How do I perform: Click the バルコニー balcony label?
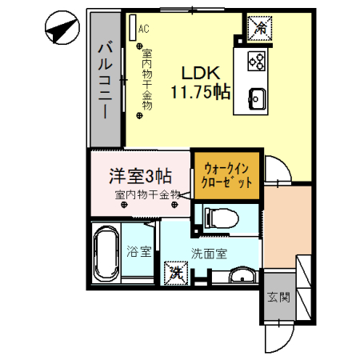point(105,80)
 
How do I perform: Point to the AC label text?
point(143,29)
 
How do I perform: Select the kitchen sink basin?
point(258,98)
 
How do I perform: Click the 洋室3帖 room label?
point(139,174)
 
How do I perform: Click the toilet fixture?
point(220,215)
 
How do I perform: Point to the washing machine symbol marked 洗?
point(175,273)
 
